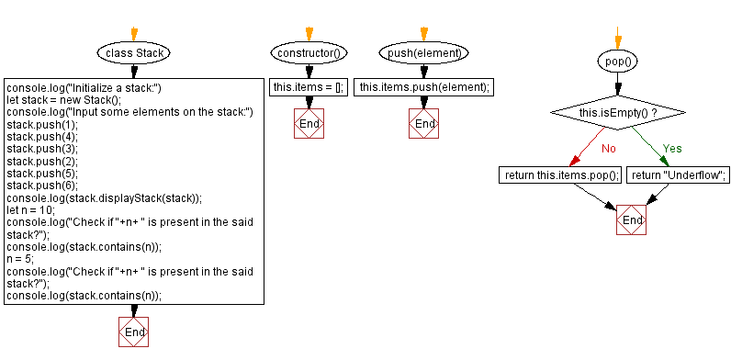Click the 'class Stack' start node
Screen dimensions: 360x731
[135, 53]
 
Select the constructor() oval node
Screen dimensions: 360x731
[309, 53]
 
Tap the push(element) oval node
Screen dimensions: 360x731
[424, 53]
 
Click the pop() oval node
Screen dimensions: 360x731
[617, 62]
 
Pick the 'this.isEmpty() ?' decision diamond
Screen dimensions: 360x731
[617, 113]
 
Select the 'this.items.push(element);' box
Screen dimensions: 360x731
[424, 87]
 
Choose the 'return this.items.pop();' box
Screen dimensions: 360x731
[560, 174]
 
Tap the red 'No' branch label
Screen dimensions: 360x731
[608, 147]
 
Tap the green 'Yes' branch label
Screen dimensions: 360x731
[672, 147]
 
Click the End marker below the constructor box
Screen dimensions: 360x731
[309, 123]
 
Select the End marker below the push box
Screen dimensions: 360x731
[424, 123]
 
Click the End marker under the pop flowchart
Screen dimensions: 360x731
[632, 220]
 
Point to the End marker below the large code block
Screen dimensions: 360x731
[134, 331]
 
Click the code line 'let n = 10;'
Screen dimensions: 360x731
[32, 210]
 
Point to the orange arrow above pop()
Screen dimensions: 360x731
[617, 39]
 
